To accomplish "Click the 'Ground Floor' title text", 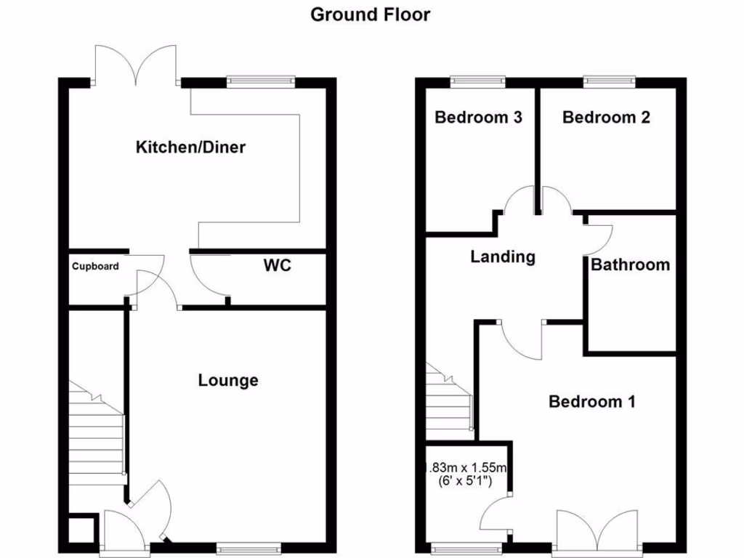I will (x=370, y=14).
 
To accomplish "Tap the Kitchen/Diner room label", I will (x=191, y=147).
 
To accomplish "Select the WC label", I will (x=277, y=265).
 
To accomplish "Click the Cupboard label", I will (x=95, y=267).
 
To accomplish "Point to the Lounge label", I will (x=228, y=380).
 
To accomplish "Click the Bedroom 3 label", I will (x=478, y=117).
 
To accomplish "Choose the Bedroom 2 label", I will (x=606, y=117).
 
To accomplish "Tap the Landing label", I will (x=503, y=256).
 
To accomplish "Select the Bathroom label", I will (x=630, y=264).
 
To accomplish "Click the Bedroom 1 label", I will (x=592, y=401).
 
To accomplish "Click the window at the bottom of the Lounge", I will (x=248, y=549).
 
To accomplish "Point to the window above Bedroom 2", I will (x=609, y=81).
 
